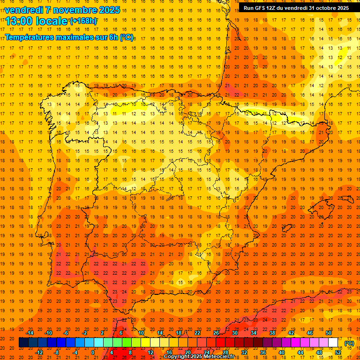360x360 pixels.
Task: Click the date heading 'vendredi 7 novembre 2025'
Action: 62,10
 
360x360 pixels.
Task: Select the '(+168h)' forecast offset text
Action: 83,21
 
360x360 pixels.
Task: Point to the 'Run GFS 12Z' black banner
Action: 296,7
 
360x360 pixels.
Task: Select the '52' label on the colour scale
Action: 338,352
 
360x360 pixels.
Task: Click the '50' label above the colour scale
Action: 329,333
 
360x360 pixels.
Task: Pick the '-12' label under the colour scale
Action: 39,352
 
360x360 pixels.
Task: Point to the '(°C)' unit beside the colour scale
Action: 349,343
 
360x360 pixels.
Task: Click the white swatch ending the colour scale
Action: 333,343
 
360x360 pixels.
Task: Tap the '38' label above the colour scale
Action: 272,333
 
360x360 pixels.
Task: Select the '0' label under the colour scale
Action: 93,352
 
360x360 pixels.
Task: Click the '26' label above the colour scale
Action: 216,333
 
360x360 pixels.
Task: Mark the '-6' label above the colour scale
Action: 66,333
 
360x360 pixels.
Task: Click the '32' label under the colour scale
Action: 244,352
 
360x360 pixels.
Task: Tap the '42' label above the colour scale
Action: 291,333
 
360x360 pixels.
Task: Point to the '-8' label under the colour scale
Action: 57,352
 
